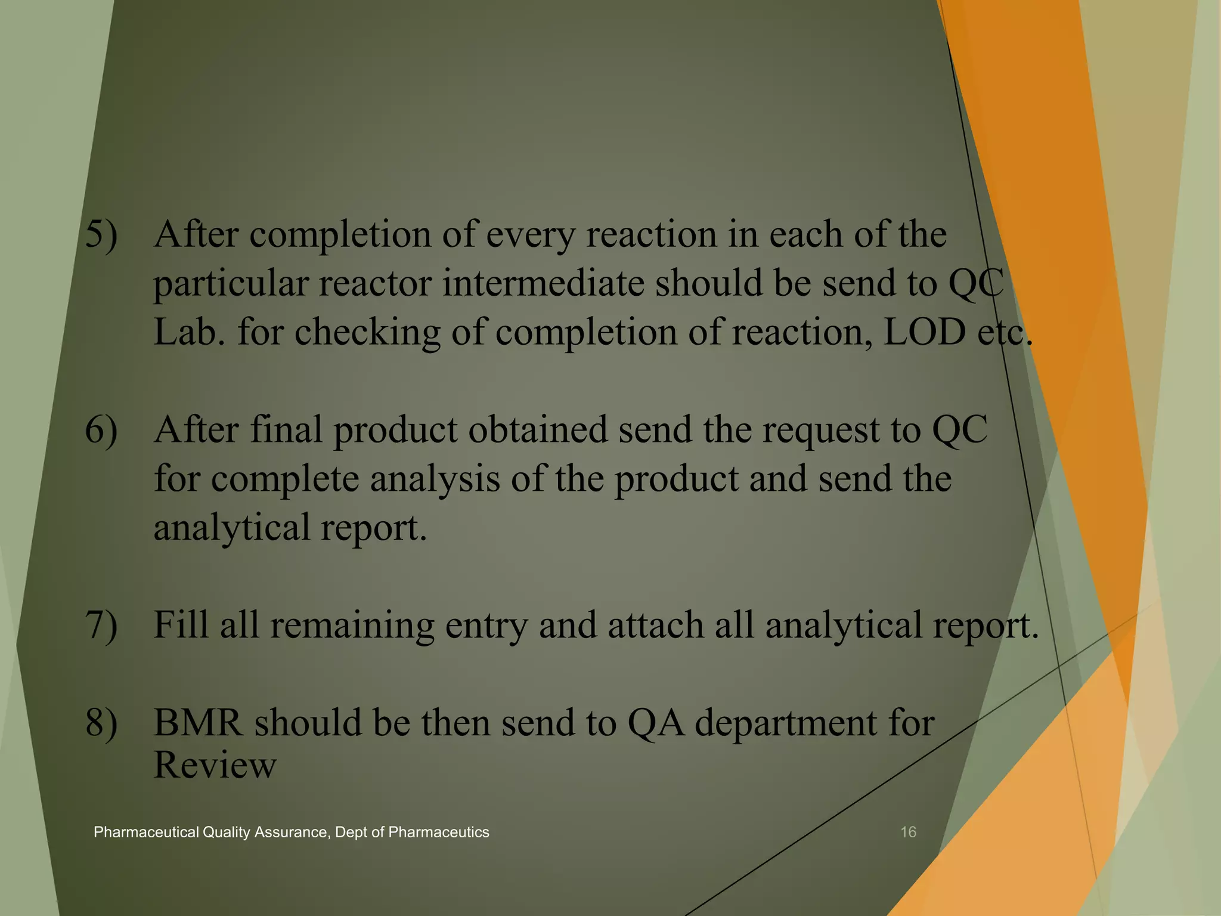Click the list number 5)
click(101, 234)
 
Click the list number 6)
click(101, 430)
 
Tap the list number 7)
click(101, 626)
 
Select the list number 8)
click(101, 723)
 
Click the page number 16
click(907, 832)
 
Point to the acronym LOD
click(924, 332)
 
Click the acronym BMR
click(198, 723)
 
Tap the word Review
click(215, 765)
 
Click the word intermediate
click(543, 283)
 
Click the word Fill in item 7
click(181, 626)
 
